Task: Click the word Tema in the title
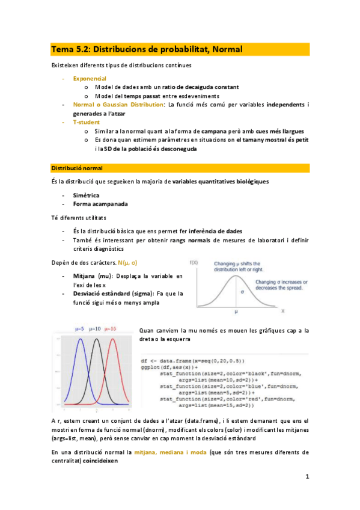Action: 61,49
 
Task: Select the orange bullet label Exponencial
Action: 90,78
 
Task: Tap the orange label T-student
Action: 87,121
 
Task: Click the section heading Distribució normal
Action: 77,167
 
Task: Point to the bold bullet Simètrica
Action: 86,195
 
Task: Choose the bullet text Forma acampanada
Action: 95,204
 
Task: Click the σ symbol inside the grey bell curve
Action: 242,292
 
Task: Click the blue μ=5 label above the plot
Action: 81,329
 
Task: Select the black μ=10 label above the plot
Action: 96,329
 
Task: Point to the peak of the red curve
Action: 112,340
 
